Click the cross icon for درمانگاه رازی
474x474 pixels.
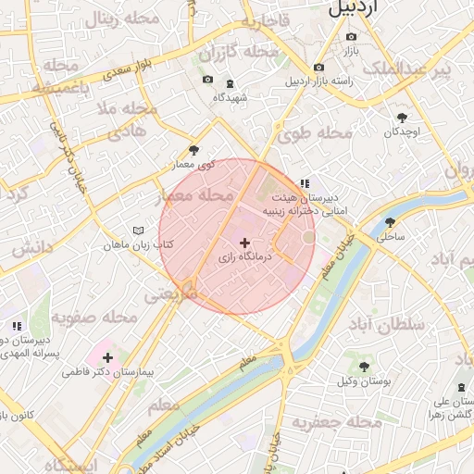click(x=244, y=243)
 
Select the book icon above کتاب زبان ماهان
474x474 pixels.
click(x=138, y=231)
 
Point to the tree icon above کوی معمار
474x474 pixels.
click(x=193, y=150)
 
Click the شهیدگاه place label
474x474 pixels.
click(x=231, y=97)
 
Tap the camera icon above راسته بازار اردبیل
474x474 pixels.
click(x=318, y=67)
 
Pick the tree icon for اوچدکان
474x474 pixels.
click(x=402, y=118)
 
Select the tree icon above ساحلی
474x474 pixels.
click(x=390, y=222)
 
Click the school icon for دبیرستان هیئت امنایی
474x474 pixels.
click(x=305, y=183)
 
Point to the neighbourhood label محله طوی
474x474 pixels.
click(x=315, y=133)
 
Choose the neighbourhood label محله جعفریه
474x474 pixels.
click(x=337, y=422)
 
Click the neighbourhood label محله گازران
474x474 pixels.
click(x=238, y=51)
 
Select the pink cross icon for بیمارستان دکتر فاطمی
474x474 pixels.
click(x=108, y=356)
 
